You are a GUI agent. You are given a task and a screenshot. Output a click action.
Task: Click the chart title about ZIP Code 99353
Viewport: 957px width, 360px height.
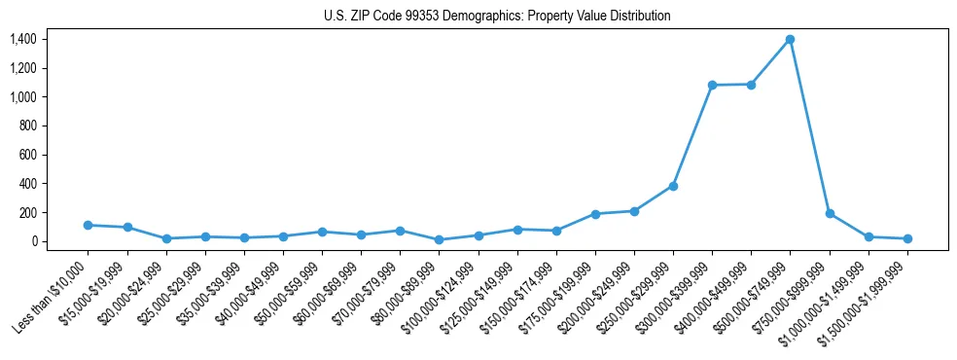(497, 16)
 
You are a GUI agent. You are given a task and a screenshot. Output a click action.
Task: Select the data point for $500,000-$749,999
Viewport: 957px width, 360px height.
(790, 40)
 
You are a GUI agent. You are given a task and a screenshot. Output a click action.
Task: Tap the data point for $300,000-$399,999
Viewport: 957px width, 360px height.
(712, 86)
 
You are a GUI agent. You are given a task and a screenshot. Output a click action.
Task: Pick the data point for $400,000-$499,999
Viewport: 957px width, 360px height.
(751, 85)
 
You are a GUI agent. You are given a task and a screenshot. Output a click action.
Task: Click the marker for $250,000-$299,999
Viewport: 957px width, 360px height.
(673, 186)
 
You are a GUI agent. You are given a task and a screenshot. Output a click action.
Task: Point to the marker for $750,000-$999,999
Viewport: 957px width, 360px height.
(830, 213)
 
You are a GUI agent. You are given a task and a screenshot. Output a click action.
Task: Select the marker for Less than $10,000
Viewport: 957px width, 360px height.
(88, 225)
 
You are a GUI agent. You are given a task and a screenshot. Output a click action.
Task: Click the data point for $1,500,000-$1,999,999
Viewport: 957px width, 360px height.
(907, 238)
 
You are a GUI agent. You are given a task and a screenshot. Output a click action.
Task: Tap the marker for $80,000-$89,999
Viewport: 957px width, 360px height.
(439, 239)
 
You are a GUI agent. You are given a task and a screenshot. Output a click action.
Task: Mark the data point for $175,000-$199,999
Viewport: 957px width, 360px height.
(595, 214)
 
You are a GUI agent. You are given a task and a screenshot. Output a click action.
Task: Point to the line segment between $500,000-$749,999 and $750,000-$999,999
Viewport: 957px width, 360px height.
(810, 126)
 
